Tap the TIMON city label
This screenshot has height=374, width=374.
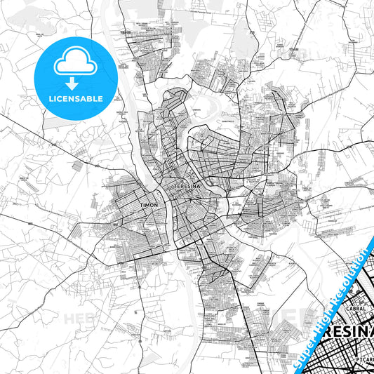pyautogui.click(x=151, y=206)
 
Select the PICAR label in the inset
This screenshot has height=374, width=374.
pyautogui.click(x=363, y=356)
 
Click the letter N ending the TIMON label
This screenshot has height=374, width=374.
pyautogui.click(x=159, y=206)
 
